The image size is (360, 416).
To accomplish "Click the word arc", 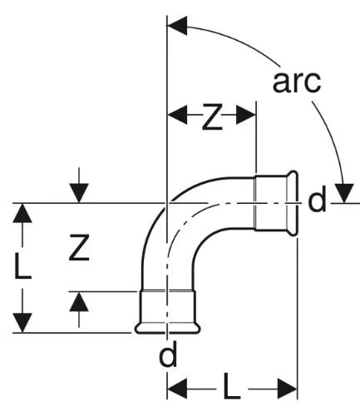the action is click(297, 82).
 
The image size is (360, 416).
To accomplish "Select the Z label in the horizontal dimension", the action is click(212, 116).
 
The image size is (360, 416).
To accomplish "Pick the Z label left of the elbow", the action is click(79, 247).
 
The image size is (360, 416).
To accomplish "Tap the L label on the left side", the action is click(23, 265).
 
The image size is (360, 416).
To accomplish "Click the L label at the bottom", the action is click(232, 386).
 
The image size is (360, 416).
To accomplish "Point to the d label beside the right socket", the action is click(317, 199).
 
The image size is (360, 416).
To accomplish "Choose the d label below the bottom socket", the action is click(168, 353).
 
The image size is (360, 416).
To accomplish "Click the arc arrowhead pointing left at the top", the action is click(177, 26).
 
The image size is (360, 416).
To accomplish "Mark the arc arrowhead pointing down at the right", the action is click(344, 193).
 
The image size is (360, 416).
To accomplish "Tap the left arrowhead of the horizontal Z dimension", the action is click(178, 115).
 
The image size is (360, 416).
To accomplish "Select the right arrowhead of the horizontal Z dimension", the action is click(245, 115).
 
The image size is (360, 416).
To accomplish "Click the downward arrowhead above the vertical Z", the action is click(79, 193).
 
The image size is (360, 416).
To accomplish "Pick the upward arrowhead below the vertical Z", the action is click(79, 301).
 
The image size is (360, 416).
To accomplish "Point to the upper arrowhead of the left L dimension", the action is click(22, 213).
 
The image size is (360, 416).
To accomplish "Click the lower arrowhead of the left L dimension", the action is click(22, 323).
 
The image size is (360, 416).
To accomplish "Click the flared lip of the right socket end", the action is click(293, 204).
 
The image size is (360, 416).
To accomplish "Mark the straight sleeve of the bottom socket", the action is click(167, 307).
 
